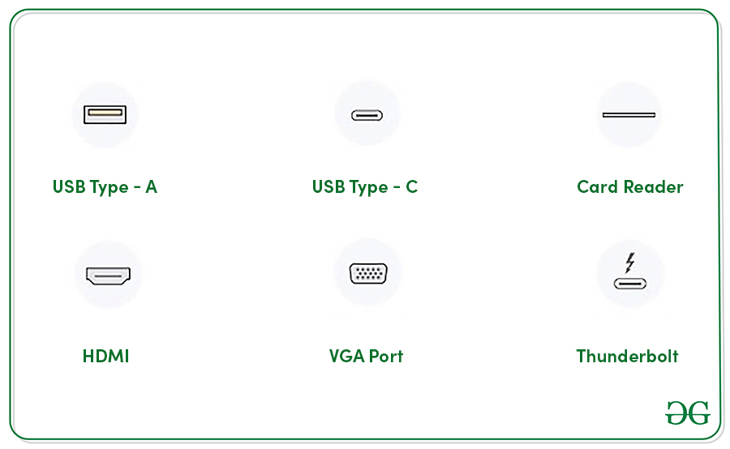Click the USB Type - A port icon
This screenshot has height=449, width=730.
tap(105, 114)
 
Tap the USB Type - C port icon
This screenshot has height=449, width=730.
tap(367, 114)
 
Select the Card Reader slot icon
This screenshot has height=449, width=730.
tap(629, 114)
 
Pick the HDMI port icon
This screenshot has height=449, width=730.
tap(108, 276)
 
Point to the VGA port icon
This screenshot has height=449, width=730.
tap(368, 273)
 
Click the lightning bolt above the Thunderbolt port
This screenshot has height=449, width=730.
tap(630, 263)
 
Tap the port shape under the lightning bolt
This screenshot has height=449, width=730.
tap(630, 284)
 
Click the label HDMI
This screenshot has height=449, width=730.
tap(105, 356)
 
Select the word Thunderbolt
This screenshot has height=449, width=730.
tap(627, 356)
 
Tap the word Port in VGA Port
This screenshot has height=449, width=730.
tap(385, 356)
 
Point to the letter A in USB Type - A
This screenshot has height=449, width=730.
tap(151, 187)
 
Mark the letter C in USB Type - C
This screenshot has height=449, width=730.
tap(412, 187)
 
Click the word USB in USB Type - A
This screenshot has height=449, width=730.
tap(69, 187)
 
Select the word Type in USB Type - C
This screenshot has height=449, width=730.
tap(367, 188)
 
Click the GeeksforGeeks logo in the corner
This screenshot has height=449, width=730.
tap(688, 413)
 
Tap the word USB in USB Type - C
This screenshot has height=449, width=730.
tap(328, 187)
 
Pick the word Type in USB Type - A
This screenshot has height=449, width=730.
tap(109, 188)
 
